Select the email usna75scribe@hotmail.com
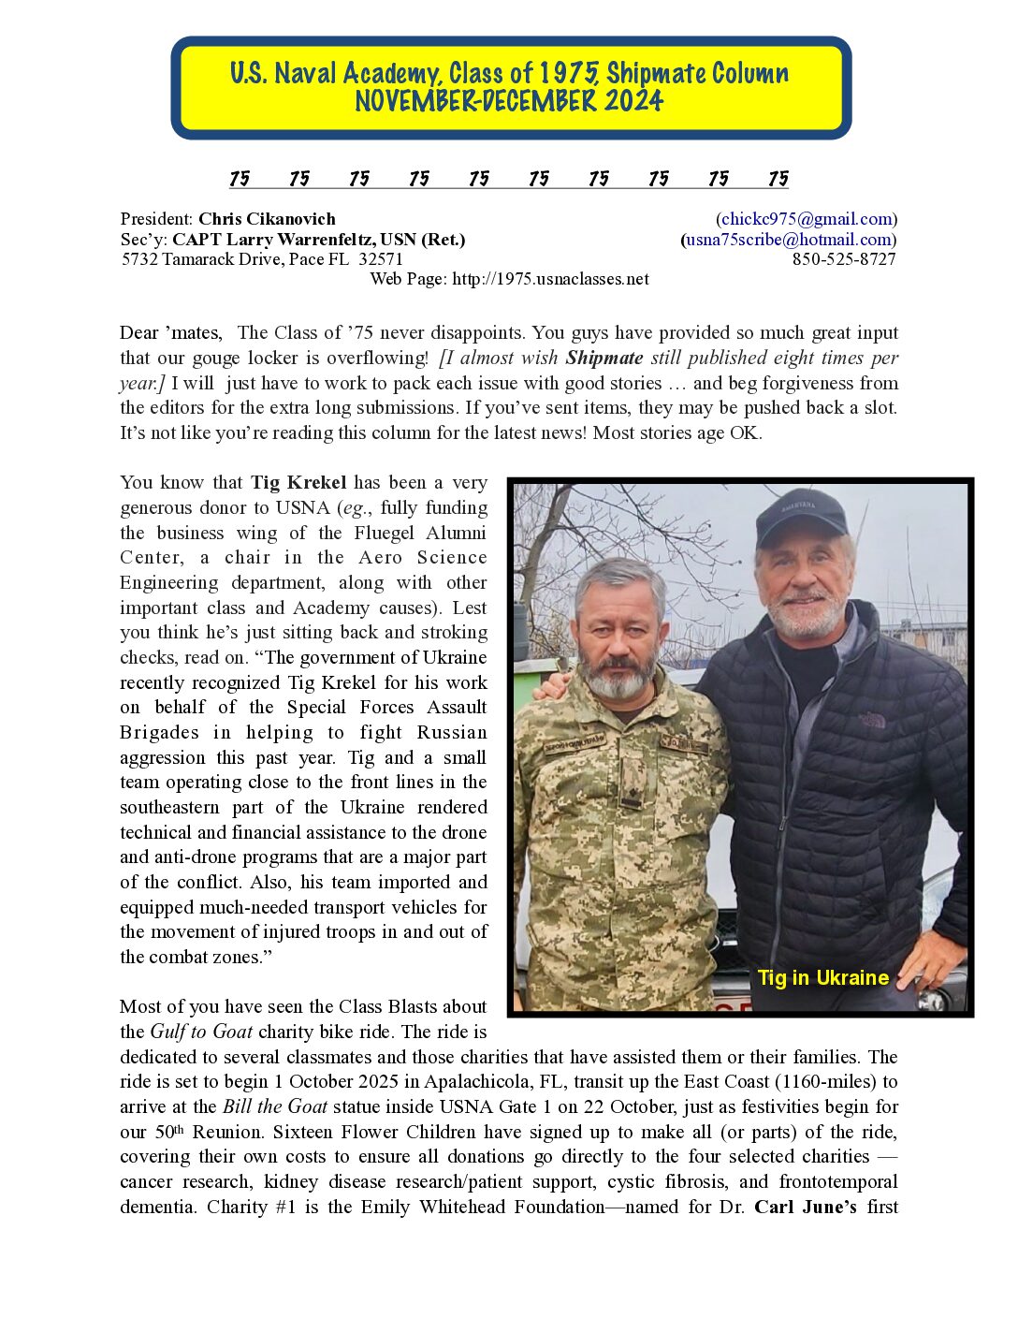click(x=788, y=240)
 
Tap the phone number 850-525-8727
click(x=844, y=259)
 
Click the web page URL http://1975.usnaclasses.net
click(x=550, y=279)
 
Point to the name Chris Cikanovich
click(x=267, y=219)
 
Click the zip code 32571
click(x=381, y=259)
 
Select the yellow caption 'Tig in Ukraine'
click(x=822, y=978)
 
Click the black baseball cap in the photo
click(x=800, y=516)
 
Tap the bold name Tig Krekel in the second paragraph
click(x=298, y=483)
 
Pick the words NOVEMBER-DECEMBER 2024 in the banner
click(x=509, y=101)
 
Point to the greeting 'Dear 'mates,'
click(x=171, y=333)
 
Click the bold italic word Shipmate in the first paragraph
click(x=604, y=359)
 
